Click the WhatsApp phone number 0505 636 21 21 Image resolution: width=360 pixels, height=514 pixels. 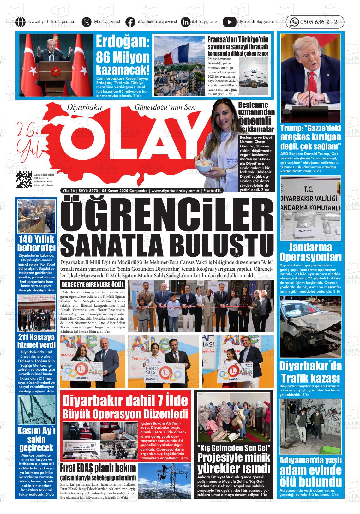coord(320,22)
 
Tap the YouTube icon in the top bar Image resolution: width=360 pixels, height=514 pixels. coord(229,22)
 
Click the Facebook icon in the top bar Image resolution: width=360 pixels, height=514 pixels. coord(130,22)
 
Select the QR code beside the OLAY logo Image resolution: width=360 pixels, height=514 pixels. coord(24,179)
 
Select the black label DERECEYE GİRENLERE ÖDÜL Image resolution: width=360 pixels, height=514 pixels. coord(93,284)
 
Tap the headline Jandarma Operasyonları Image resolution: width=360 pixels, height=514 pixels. coord(310,251)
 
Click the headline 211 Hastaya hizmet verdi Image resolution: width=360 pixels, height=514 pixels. coord(36,341)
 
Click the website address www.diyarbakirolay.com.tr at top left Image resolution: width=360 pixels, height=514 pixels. coord(51,22)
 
